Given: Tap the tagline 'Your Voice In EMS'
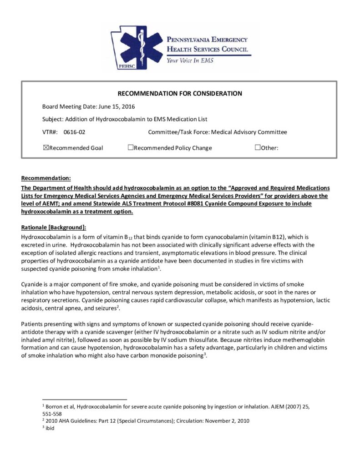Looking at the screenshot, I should [x=190, y=60].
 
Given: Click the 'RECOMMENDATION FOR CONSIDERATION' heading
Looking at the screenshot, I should [x=180, y=94].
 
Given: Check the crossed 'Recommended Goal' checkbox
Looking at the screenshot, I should [x=45, y=147].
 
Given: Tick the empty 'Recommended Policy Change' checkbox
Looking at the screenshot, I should [x=130, y=147].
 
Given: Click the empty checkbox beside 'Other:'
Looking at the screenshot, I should [x=258, y=147].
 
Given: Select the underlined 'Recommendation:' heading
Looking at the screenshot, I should [x=46, y=177].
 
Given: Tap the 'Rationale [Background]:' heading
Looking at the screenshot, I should [x=53, y=227].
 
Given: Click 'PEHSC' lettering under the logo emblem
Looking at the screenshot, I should [x=125, y=66].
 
